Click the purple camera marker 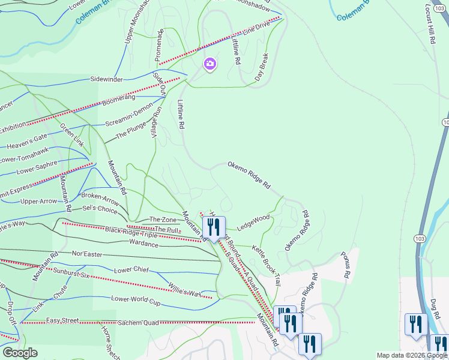coord(209,64)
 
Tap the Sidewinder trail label coord(106,79)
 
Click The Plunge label coord(130,134)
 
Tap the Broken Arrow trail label coord(100,196)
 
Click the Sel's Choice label coord(100,209)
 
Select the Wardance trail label coord(143,244)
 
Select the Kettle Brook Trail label coord(266,265)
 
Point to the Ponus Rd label coord(347,265)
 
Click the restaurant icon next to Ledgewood coord(213,227)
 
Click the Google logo coord(19,353)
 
